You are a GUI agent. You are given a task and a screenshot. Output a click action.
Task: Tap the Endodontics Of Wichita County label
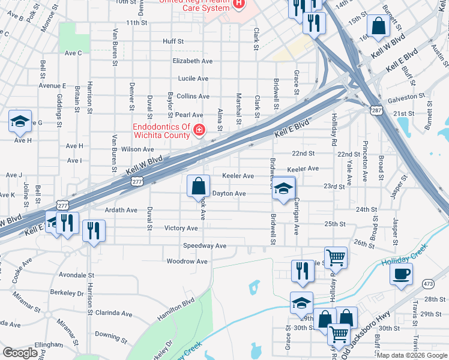coord(161,131)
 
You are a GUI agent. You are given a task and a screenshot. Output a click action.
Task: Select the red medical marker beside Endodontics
coord(199,130)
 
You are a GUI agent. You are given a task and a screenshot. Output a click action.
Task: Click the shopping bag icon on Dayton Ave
coord(198,187)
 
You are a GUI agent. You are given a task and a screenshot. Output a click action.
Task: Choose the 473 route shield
coord(428,283)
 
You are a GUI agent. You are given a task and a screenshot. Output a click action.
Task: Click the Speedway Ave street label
coord(205,246)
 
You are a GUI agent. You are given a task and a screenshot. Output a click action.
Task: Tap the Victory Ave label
coord(181,228)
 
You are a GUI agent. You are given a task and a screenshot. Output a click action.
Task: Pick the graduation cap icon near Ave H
coord(20,122)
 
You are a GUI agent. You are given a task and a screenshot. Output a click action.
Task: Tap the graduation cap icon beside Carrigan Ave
coord(283,188)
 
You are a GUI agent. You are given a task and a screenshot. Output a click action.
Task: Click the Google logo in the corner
coord(20,353)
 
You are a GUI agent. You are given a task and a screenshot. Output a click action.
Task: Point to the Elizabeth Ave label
coord(192,61)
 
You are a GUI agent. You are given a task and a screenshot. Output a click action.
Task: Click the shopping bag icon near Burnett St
coord(379,26)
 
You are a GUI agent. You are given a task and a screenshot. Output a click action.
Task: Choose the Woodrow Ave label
coord(187,262)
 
